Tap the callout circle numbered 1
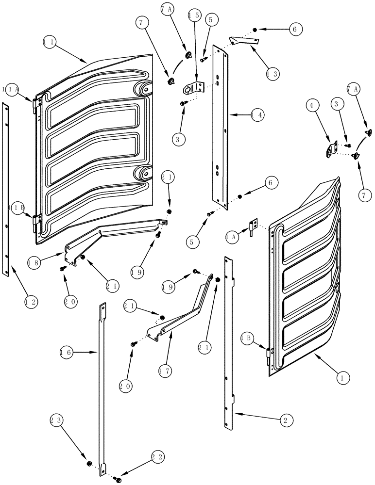[342, 376]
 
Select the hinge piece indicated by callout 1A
[253, 226]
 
